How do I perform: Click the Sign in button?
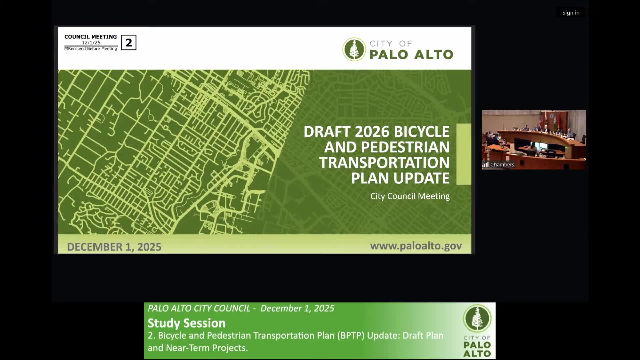pyautogui.click(x=570, y=13)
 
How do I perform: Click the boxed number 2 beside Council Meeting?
pyautogui.click(x=128, y=43)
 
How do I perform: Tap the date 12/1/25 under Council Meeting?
pyautogui.click(x=91, y=43)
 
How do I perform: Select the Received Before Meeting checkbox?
pyautogui.click(x=66, y=49)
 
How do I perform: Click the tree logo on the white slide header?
pyautogui.click(x=354, y=49)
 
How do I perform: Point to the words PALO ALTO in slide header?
pyautogui.click(x=411, y=55)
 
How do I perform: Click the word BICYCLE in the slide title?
pyautogui.click(x=421, y=132)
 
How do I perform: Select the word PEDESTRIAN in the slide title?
pyautogui.click(x=405, y=147)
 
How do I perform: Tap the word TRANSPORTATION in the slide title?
pyautogui.click(x=384, y=163)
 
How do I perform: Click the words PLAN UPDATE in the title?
pyautogui.click(x=400, y=178)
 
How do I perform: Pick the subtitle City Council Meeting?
pyautogui.click(x=410, y=196)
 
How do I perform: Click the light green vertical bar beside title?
pyautogui.click(x=463, y=154)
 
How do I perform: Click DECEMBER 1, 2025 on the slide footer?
pyautogui.click(x=114, y=247)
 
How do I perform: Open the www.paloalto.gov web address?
pyautogui.click(x=416, y=246)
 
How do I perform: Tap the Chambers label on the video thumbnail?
pyautogui.click(x=502, y=165)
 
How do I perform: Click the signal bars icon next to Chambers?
pyautogui.click(x=485, y=165)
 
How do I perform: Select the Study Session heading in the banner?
pyautogui.click(x=186, y=323)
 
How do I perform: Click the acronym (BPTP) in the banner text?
pyautogui.click(x=350, y=335)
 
